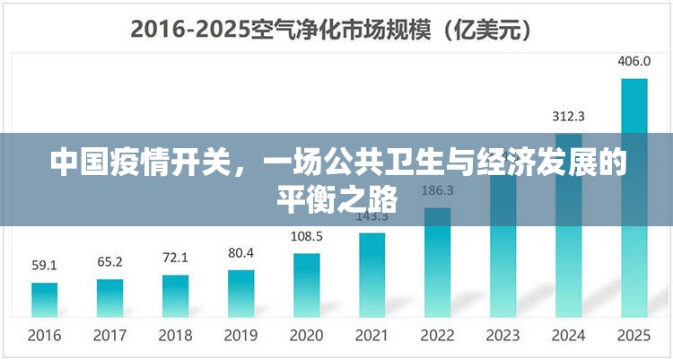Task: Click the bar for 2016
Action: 44,299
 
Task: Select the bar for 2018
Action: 175,295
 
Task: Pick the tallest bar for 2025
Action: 634,197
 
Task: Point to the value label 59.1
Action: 44,265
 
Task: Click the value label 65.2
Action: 109,261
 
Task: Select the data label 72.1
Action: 175,258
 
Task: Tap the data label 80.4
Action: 240,252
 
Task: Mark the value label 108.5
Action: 306,236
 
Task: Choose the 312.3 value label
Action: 568,116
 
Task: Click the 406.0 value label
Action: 634,61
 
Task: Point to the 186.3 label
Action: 437,190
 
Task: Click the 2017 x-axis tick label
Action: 109,336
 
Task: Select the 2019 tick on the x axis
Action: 240,336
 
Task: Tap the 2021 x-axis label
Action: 371,336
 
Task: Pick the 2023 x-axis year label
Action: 503,336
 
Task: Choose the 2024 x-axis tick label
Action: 568,336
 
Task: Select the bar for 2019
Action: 240,293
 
